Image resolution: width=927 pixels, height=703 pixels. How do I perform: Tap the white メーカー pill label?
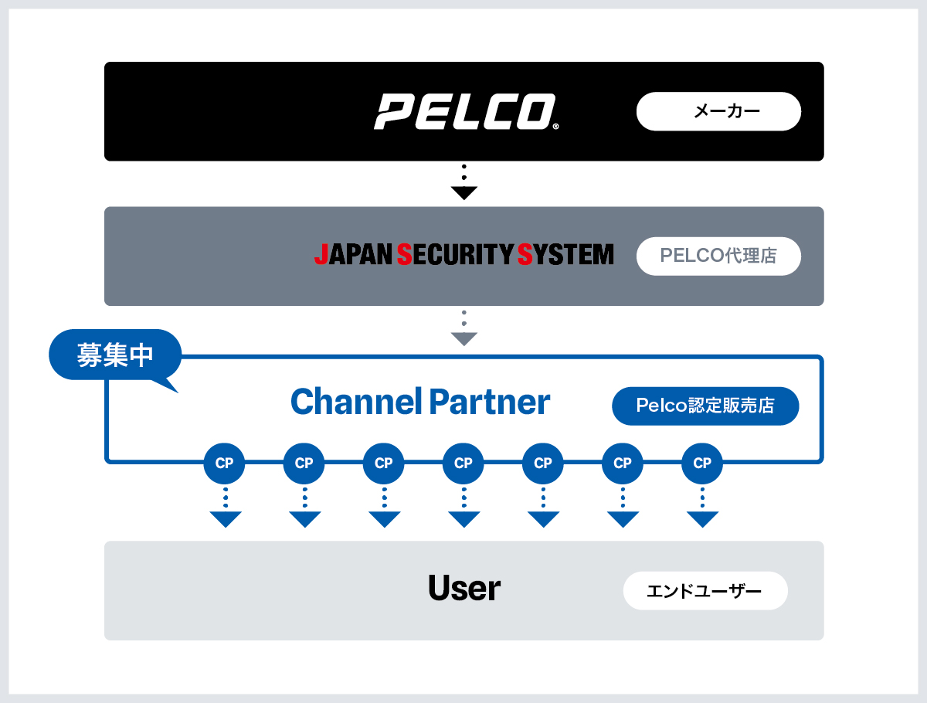(x=718, y=112)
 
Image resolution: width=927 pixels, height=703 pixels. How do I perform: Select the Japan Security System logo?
(x=464, y=254)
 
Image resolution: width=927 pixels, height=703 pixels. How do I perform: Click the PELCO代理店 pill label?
(x=718, y=256)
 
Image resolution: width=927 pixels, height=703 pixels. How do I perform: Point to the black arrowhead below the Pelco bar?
(x=463, y=193)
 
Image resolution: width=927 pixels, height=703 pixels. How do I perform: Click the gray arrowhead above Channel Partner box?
(x=463, y=338)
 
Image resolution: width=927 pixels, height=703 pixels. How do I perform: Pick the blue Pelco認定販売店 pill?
(x=705, y=406)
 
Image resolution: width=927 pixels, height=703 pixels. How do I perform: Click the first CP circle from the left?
(x=224, y=464)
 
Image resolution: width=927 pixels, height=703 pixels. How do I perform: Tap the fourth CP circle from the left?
(x=463, y=464)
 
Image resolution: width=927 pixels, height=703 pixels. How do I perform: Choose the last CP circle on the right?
(x=702, y=464)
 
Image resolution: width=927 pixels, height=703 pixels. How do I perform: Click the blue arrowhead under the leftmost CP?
(x=226, y=519)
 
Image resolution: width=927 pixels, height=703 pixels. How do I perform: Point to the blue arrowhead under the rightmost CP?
(x=702, y=519)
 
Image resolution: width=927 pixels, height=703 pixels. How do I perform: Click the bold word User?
(x=464, y=589)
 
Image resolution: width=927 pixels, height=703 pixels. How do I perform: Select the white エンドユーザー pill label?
(x=705, y=592)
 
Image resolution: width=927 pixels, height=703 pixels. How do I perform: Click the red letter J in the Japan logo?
(x=321, y=254)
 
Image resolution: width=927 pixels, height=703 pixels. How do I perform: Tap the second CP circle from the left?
(x=304, y=464)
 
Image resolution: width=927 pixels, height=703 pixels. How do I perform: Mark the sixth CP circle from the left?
(x=623, y=464)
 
